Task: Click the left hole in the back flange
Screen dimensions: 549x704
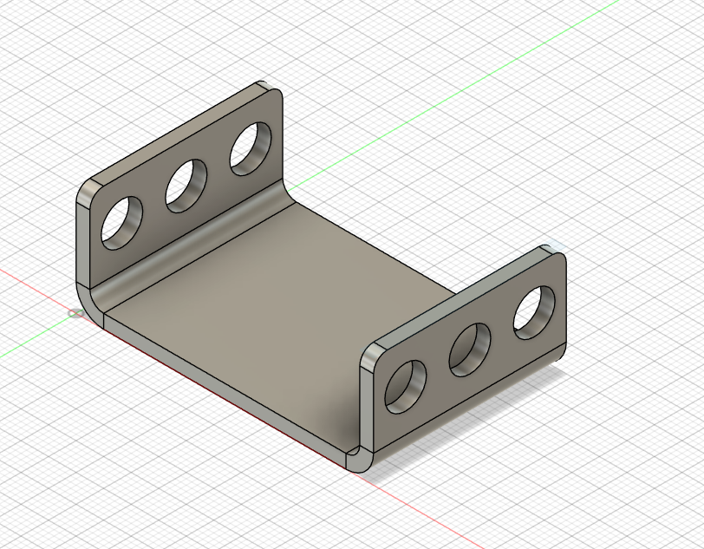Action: click(121, 221)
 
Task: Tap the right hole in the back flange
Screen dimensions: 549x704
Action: click(250, 148)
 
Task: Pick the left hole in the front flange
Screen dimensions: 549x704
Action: click(405, 385)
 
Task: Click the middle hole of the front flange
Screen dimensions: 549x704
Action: click(471, 349)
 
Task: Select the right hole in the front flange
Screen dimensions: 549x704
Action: click(534, 311)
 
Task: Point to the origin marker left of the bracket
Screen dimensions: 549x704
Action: click(75, 313)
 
